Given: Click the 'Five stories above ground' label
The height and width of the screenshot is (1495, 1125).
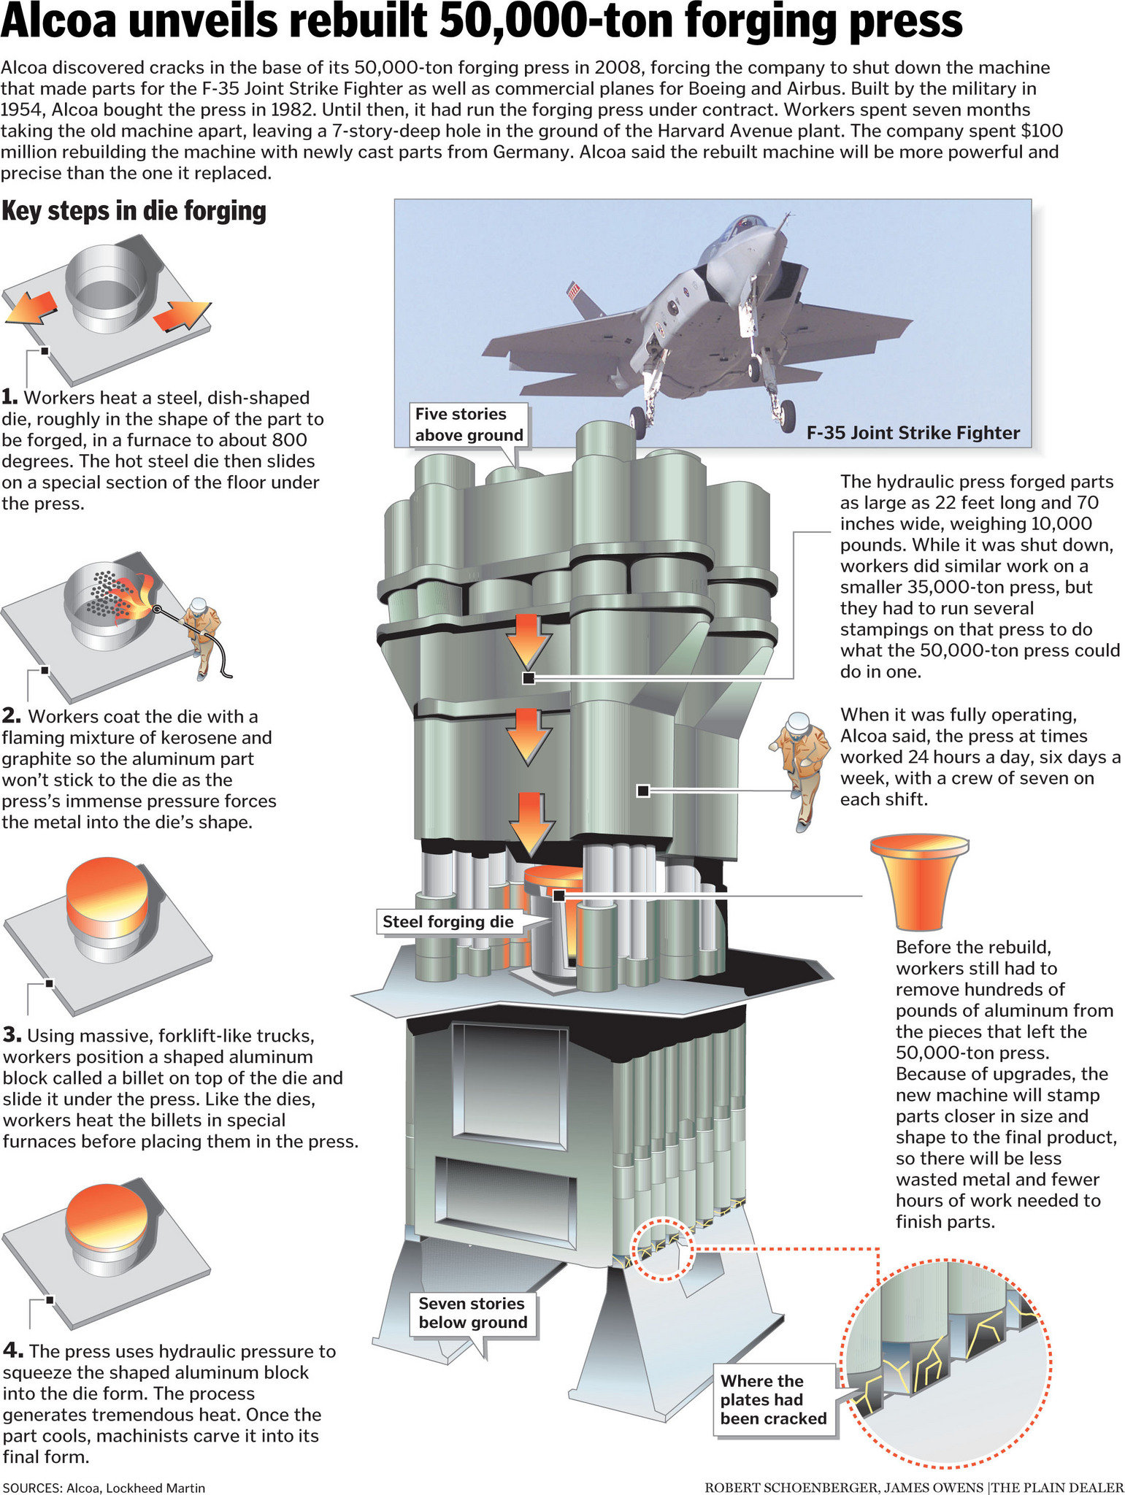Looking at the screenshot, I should (469, 424).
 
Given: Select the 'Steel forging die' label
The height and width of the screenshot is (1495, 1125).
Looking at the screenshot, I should (448, 921).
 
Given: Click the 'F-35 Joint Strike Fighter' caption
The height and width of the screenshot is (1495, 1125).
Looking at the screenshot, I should (913, 433).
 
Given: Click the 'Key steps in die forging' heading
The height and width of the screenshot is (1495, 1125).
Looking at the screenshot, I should (134, 211).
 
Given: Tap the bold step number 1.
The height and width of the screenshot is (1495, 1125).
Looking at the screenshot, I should (9, 398).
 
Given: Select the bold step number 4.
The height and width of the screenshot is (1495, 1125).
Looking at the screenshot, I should (11, 1351).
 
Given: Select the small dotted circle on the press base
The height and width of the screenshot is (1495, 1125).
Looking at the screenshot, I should (660, 1248).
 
